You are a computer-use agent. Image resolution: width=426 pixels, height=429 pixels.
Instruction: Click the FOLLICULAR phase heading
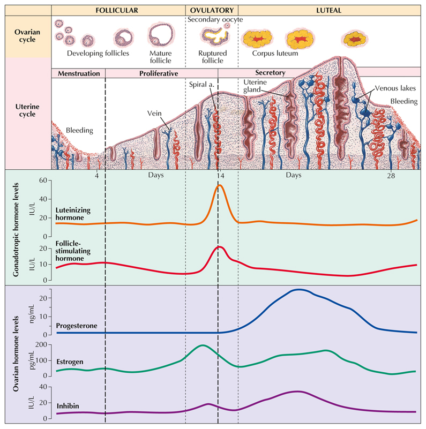pyautogui.click(x=118, y=10)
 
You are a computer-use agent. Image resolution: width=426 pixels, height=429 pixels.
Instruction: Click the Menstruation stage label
pyautogui.click(x=78, y=73)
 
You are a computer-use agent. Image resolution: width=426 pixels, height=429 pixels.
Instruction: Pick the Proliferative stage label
pyautogui.click(x=159, y=73)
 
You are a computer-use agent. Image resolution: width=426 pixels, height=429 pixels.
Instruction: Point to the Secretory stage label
pyautogui.click(x=271, y=73)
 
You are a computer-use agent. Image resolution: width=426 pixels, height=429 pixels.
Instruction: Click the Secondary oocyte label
pyautogui.click(x=215, y=20)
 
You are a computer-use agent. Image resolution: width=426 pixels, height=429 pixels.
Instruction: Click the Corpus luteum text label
pyautogui.click(x=275, y=54)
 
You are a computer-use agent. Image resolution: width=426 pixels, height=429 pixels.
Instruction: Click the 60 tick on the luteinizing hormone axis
pyautogui.click(x=44, y=181)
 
